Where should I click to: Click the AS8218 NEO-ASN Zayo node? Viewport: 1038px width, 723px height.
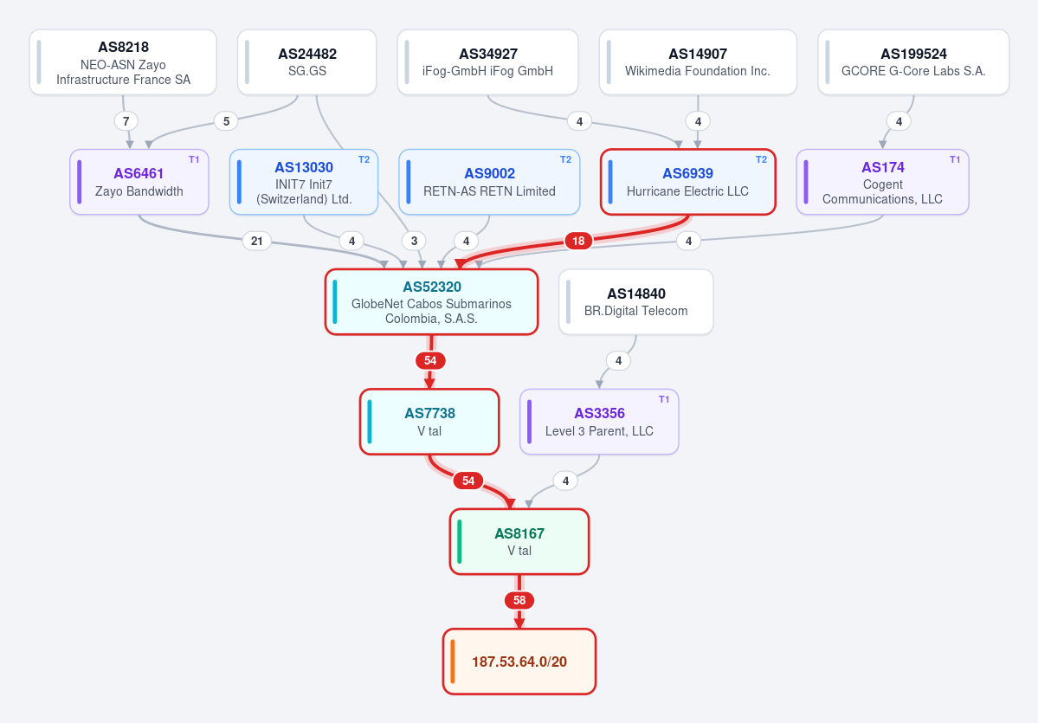[123, 62]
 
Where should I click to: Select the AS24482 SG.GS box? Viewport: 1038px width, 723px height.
[307, 62]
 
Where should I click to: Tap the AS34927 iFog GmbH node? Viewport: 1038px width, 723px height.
[488, 62]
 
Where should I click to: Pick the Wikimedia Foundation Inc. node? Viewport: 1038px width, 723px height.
[698, 62]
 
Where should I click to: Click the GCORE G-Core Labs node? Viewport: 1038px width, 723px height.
[913, 62]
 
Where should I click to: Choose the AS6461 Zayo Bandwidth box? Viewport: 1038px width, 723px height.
[139, 182]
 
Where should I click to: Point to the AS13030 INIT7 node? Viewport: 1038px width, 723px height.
[304, 182]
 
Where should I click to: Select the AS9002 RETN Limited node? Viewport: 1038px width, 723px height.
[489, 182]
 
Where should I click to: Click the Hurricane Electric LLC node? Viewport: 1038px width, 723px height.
[687, 182]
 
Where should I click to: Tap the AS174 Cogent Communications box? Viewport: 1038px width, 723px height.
[882, 182]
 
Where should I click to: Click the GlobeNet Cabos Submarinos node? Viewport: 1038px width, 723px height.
[432, 302]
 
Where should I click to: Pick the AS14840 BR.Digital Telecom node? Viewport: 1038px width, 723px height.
[636, 302]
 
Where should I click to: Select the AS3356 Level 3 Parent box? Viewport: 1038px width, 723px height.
[599, 422]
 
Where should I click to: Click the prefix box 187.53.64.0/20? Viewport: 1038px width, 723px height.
[519, 662]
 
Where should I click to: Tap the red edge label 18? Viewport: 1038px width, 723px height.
[578, 241]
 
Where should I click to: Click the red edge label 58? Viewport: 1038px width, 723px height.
[519, 601]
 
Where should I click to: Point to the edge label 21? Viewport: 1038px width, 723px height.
[257, 241]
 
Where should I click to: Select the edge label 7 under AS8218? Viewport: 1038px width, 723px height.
[126, 121]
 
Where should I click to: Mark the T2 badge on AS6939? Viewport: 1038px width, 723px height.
[761, 159]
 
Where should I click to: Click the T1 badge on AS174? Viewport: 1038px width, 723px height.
[955, 159]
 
